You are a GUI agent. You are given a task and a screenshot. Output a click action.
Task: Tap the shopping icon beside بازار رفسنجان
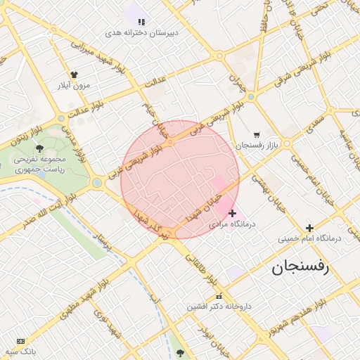click(257, 134)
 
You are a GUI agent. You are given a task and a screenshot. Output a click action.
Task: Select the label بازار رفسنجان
click(257, 145)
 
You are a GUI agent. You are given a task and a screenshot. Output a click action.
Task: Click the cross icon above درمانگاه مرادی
click(233, 213)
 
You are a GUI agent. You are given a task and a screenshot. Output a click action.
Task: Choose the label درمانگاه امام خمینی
click(309, 238)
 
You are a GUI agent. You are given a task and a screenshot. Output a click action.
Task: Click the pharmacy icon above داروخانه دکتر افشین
click(219, 296)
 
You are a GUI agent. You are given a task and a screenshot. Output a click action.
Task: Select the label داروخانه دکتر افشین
click(219, 307)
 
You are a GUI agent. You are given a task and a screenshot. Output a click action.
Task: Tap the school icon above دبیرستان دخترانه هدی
click(141, 22)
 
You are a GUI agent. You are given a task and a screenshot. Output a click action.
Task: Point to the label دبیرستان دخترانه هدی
click(142, 33)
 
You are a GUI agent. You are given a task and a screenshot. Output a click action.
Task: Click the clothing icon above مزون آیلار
click(74, 74)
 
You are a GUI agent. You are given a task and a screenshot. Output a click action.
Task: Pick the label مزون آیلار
click(73, 85)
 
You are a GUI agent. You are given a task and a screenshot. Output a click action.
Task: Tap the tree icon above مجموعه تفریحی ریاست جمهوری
click(39, 148)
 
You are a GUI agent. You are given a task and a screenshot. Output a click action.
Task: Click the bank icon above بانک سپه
click(20, 340)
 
